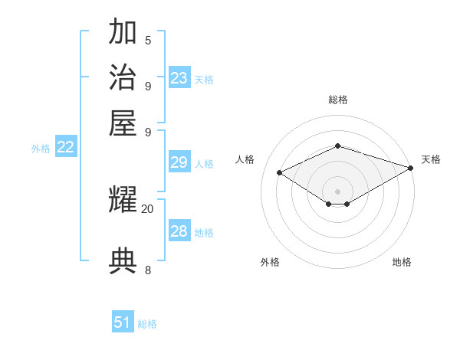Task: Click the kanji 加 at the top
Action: click(x=123, y=33)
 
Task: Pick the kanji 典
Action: click(x=123, y=260)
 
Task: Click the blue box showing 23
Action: click(x=179, y=78)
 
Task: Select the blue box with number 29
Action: click(x=179, y=162)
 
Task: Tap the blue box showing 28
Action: click(x=179, y=231)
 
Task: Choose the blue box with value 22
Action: click(x=65, y=148)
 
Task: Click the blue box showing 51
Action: click(x=123, y=322)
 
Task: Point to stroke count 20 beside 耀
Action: click(x=147, y=208)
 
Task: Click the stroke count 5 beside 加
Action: click(x=148, y=40)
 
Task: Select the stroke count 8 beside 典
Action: click(x=148, y=270)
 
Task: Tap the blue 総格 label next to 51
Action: click(x=147, y=324)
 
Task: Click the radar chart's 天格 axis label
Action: click(x=431, y=159)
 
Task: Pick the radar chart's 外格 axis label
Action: click(x=270, y=262)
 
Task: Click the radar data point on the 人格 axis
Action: click(x=280, y=173)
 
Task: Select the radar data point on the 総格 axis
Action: click(x=338, y=146)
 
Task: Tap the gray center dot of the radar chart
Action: click(x=338, y=191)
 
